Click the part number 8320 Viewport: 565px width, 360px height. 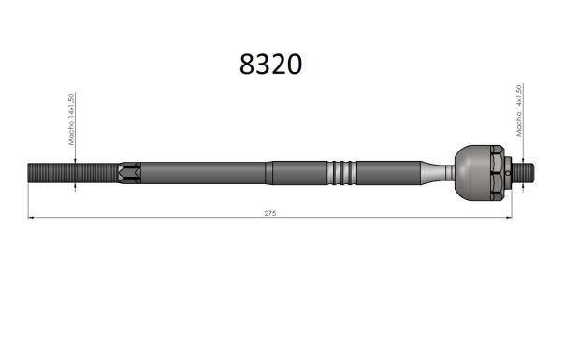270,65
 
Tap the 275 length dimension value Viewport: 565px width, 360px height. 270,213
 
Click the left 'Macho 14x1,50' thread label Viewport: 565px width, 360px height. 71,120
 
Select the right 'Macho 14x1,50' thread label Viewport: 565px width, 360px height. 519,110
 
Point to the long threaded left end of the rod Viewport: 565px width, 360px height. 73,173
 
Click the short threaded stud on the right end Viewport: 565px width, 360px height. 523,173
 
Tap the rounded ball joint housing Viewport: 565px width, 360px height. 472,173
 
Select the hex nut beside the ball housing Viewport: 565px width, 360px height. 497,173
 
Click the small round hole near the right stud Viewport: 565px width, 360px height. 508,173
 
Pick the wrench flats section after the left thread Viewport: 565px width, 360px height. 130,173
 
